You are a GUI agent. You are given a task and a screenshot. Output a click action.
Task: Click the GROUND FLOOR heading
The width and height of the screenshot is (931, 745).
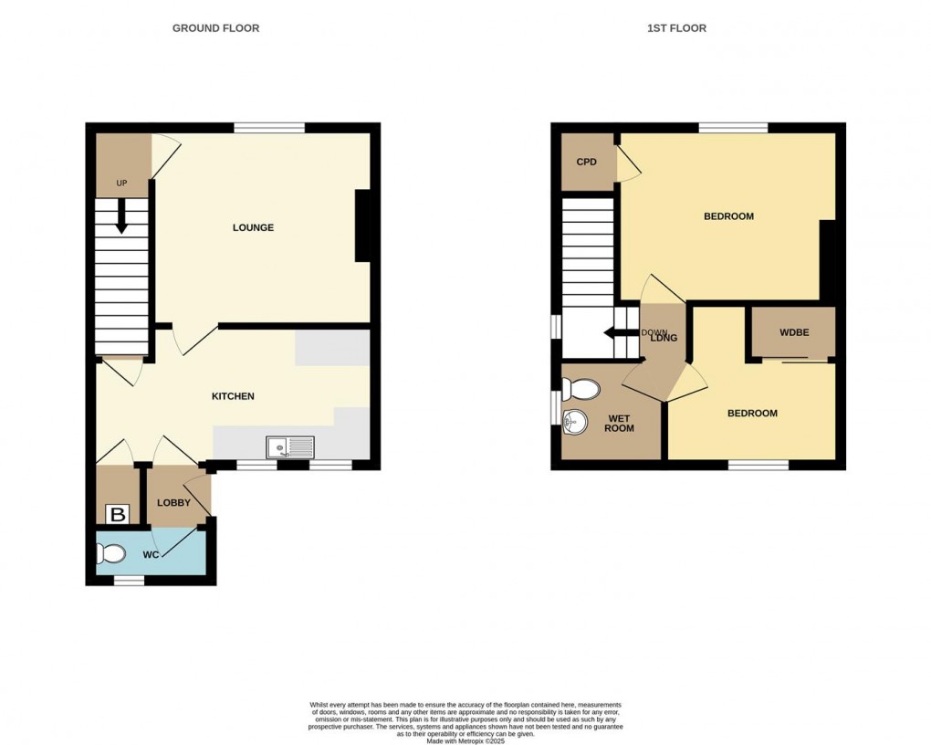pos(215,28)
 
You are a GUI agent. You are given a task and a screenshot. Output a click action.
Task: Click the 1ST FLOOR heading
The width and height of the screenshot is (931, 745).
pos(676,28)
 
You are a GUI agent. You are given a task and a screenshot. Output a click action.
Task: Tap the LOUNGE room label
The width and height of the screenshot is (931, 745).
pos(253,227)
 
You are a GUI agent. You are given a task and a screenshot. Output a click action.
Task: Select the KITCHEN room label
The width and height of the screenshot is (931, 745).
pos(233,396)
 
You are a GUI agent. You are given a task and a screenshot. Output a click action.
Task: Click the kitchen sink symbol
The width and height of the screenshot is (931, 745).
pos(289,447)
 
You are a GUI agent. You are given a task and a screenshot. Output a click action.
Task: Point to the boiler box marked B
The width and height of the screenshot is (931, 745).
pos(117,515)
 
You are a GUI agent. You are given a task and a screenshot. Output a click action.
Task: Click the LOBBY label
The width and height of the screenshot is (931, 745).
pos(173,503)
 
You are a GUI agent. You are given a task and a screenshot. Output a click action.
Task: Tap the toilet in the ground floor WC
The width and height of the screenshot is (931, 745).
pos(111,553)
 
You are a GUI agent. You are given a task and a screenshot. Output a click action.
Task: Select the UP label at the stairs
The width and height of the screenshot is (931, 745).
pos(121,184)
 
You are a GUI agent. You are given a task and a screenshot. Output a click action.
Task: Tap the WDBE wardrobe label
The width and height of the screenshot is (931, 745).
pos(793,332)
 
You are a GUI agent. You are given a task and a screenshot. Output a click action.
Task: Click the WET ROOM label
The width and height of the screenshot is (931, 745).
pos(620,424)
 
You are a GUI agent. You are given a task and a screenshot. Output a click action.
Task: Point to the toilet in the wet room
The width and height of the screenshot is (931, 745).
pos(581,391)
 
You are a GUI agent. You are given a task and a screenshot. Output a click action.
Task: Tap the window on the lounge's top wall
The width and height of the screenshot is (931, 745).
pos(268,128)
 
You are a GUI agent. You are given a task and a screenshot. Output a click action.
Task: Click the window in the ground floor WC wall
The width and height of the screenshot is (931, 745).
pos(129,580)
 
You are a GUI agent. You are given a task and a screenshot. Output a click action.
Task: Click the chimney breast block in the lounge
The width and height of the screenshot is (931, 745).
pos(362,226)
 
